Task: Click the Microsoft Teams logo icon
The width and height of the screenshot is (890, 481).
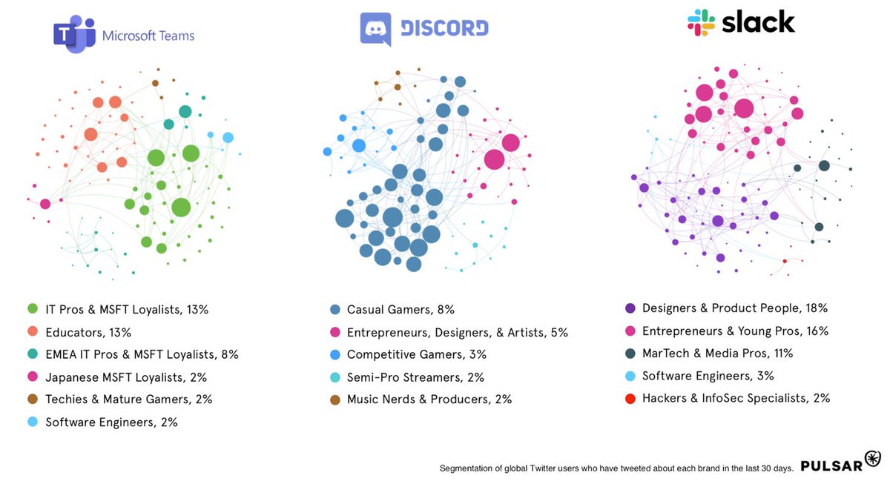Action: click(74, 34)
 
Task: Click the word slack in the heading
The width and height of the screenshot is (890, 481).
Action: click(758, 21)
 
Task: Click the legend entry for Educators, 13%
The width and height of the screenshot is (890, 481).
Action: click(88, 332)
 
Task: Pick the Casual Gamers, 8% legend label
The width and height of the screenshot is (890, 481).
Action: click(400, 310)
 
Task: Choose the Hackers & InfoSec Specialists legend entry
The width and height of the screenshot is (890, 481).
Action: click(735, 398)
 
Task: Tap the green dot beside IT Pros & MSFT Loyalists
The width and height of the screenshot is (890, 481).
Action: click(32, 310)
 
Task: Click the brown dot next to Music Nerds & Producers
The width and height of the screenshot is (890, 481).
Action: click(334, 399)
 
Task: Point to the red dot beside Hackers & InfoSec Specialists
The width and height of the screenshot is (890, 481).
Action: click(630, 398)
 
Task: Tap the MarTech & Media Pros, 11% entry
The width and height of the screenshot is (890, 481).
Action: click(717, 353)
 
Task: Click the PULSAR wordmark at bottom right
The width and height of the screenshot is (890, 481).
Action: click(831, 465)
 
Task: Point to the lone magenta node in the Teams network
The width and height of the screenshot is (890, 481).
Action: click(45, 204)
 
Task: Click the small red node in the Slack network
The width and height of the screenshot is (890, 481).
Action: click(785, 261)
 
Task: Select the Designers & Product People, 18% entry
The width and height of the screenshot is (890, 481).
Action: click(734, 308)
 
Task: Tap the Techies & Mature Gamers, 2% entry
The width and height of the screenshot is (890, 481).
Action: click(128, 399)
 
